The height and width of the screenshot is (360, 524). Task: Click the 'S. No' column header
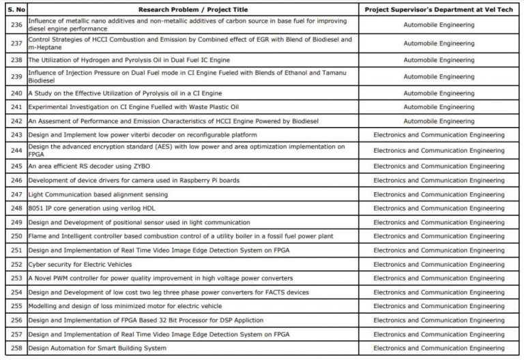tap(15, 10)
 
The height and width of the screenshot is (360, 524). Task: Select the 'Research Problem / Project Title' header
tap(192, 10)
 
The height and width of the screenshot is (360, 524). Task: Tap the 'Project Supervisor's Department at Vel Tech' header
tap(438, 10)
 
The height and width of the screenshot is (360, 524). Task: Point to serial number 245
tap(16, 166)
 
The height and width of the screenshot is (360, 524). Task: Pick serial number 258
tap(16, 348)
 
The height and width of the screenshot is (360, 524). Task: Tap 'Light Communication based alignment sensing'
tap(98, 194)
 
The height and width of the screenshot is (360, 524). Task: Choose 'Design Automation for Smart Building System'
tap(97, 348)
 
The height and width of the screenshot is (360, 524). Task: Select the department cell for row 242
tap(438, 121)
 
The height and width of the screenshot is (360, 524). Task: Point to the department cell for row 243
tap(438, 135)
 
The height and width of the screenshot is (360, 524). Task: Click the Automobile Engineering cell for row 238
tap(438, 60)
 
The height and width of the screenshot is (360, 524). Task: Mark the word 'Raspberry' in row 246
tap(194, 180)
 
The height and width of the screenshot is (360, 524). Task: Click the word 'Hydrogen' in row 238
tap(92, 60)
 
